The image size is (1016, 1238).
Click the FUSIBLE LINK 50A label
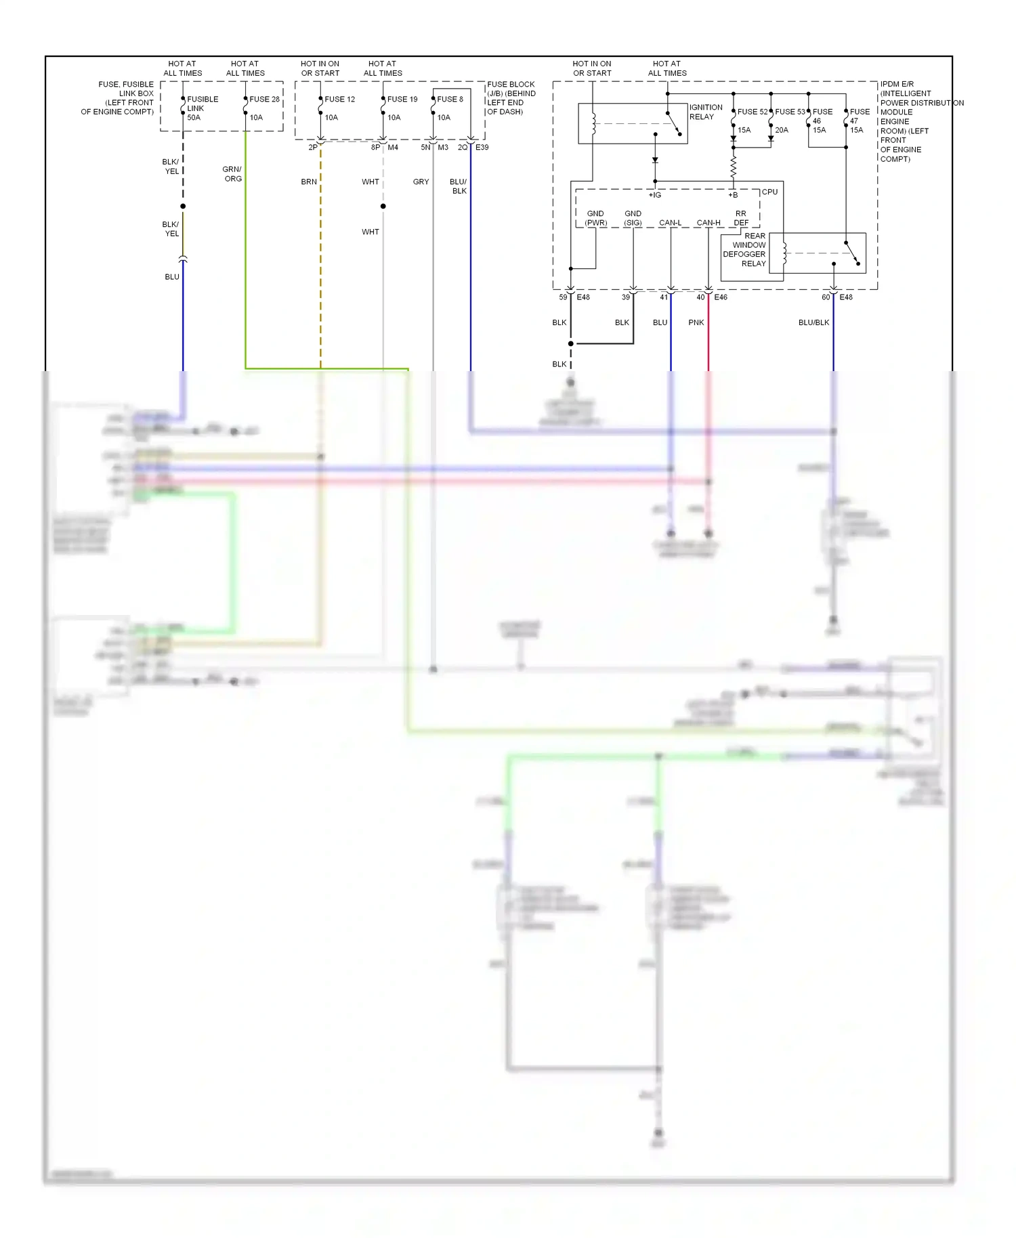tap(202, 108)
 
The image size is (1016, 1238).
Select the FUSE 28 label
tap(264, 99)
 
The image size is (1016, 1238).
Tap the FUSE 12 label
tap(339, 99)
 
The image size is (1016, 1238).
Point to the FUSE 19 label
tap(402, 99)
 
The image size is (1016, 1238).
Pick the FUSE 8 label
tap(450, 99)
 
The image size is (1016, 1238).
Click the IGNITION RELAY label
tap(705, 112)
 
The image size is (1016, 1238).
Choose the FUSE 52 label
tap(752, 112)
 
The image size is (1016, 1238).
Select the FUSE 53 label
tap(790, 112)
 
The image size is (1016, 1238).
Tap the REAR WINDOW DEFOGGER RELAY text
tap(744, 250)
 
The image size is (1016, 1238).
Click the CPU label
tap(769, 192)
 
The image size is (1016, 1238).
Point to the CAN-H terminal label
tap(708, 223)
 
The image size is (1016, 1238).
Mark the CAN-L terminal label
tap(670, 223)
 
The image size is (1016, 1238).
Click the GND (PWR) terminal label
tap(595, 218)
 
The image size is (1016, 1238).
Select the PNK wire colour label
tap(696, 323)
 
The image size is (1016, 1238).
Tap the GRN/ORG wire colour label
tap(232, 174)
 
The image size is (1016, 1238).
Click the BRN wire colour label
tap(309, 182)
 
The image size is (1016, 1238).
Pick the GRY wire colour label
tap(421, 182)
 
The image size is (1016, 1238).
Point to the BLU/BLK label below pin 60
tap(813, 323)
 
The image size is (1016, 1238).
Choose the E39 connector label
tap(482, 148)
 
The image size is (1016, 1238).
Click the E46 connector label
tap(721, 297)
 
